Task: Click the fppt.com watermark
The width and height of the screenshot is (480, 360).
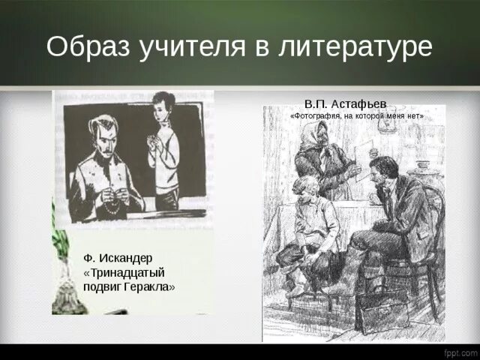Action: click(460, 352)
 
